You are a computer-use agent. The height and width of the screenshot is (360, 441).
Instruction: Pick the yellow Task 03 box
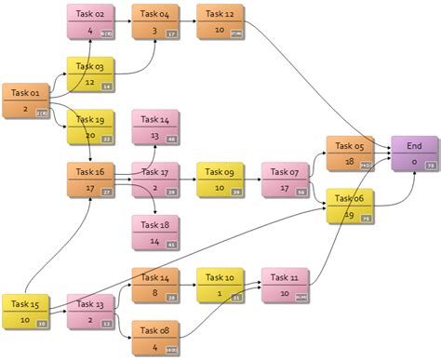pyautogui.click(x=90, y=74)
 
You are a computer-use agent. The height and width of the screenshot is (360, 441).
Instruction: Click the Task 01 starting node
pyautogui.click(x=25, y=100)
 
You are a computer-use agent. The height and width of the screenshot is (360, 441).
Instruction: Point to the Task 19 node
pyautogui.click(x=90, y=127)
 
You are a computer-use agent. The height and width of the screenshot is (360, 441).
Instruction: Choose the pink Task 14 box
pyautogui.click(x=155, y=127)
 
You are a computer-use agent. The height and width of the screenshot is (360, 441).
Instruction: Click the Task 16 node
pyautogui.click(x=90, y=180)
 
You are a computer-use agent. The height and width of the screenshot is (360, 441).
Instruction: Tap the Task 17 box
pyautogui.click(x=155, y=180)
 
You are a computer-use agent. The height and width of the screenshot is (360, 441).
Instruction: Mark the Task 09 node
pyautogui.click(x=220, y=180)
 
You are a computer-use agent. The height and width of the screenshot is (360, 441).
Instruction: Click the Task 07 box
pyautogui.click(x=286, y=180)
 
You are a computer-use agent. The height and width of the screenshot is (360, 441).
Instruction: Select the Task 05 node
pyautogui.click(x=350, y=153)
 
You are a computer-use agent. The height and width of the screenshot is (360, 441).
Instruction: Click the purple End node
pyautogui.click(x=415, y=153)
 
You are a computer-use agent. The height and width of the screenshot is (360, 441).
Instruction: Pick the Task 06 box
pyautogui.click(x=350, y=206)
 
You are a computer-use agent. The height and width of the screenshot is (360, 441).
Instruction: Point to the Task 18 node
pyautogui.click(x=155, y=232)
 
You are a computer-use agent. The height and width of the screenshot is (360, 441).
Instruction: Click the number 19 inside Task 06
pyautogui.click(x=350, y=215)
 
